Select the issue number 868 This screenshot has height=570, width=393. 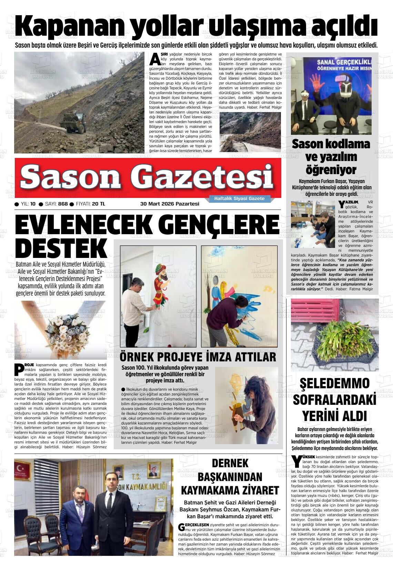coord(63,204)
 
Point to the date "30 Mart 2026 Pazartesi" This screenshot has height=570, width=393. coord(170,204)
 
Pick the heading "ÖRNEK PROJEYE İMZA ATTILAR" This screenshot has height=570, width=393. coord(198,357)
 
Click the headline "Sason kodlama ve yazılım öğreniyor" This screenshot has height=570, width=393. coord(331,157)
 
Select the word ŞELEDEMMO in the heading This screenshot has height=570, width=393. coord(334,383)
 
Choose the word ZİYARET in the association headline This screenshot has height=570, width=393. coord(255,490)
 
